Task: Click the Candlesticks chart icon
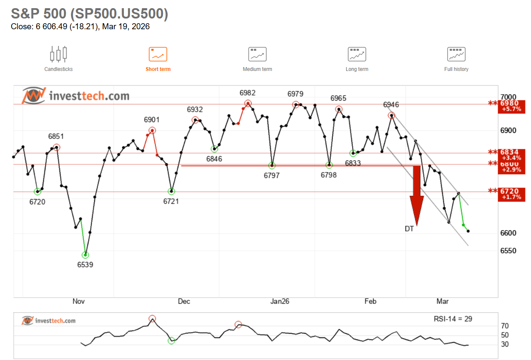[x=58, y=54]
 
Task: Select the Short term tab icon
[x=158, y=55]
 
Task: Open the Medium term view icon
[x=257, y=55]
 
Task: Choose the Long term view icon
[x=357, y=55]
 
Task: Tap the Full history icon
[x=456, y=55]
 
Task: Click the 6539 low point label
[x=85, y=265]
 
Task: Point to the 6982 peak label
[x=248, y=93]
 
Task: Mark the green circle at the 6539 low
[x=85, y=255]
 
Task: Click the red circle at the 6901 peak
[x=152, y=130]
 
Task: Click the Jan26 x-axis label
[x=279, y=301]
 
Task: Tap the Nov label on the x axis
[x=78, y=301]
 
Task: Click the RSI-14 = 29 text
[x=453, y=319]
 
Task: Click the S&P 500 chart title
[x=89, y=14]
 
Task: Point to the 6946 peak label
[x=391, y=105]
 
